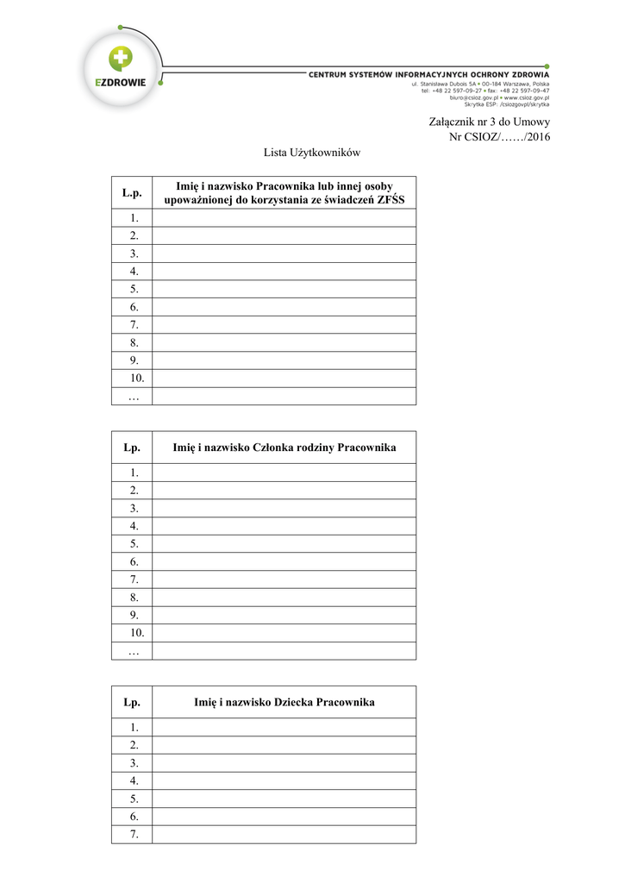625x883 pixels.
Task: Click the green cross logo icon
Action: (x=121, y=58)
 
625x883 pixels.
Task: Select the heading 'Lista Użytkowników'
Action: (x=311, y=153)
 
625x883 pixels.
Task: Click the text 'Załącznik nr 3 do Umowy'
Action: (x=489, y=122)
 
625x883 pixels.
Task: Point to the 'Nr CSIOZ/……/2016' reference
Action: (x=499, y=137)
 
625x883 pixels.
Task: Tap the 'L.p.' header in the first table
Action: (x=131, y=194)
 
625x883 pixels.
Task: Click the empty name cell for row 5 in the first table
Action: (x=283, y=289)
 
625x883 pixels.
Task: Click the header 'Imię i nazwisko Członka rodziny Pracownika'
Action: (x=284, y=448)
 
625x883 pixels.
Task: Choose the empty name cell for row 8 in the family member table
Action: (x=283, y=597)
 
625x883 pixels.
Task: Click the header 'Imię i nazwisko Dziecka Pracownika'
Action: (x=284, y=703)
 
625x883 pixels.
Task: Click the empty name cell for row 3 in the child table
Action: (x=283, y=763)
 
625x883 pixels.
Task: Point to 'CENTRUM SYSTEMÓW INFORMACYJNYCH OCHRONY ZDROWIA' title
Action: (x=429, y=75)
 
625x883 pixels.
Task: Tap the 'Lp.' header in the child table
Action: (x=131, y=703)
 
